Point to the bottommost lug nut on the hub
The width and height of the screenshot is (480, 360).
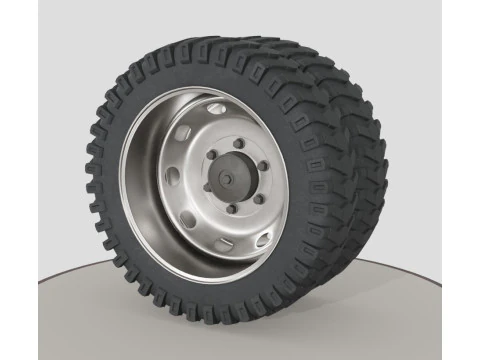pos(232,209)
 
